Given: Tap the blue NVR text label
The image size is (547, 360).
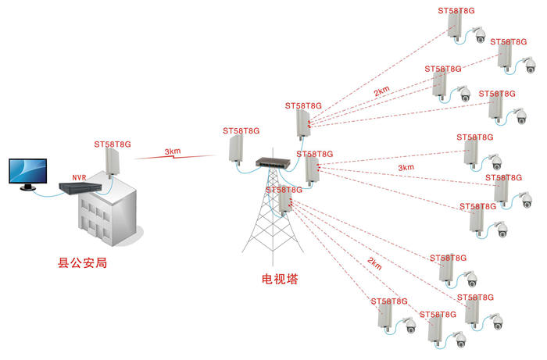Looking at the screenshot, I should click(x=79, y=177).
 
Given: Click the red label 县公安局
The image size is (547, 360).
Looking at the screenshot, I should click(x=83, y=263).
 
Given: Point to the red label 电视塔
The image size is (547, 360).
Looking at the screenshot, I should click(x=279, y=279).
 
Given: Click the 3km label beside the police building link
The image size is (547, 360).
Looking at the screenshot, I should click(x=173, y=151).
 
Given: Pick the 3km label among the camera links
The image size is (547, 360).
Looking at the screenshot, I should click(x=406, y=167).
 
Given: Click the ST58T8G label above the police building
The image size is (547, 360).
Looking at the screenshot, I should click(x=113, y=144).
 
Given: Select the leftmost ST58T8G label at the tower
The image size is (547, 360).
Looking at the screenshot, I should click(x=241, y=130).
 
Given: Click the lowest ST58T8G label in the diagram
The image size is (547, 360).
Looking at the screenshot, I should click(x=439, y=314).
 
